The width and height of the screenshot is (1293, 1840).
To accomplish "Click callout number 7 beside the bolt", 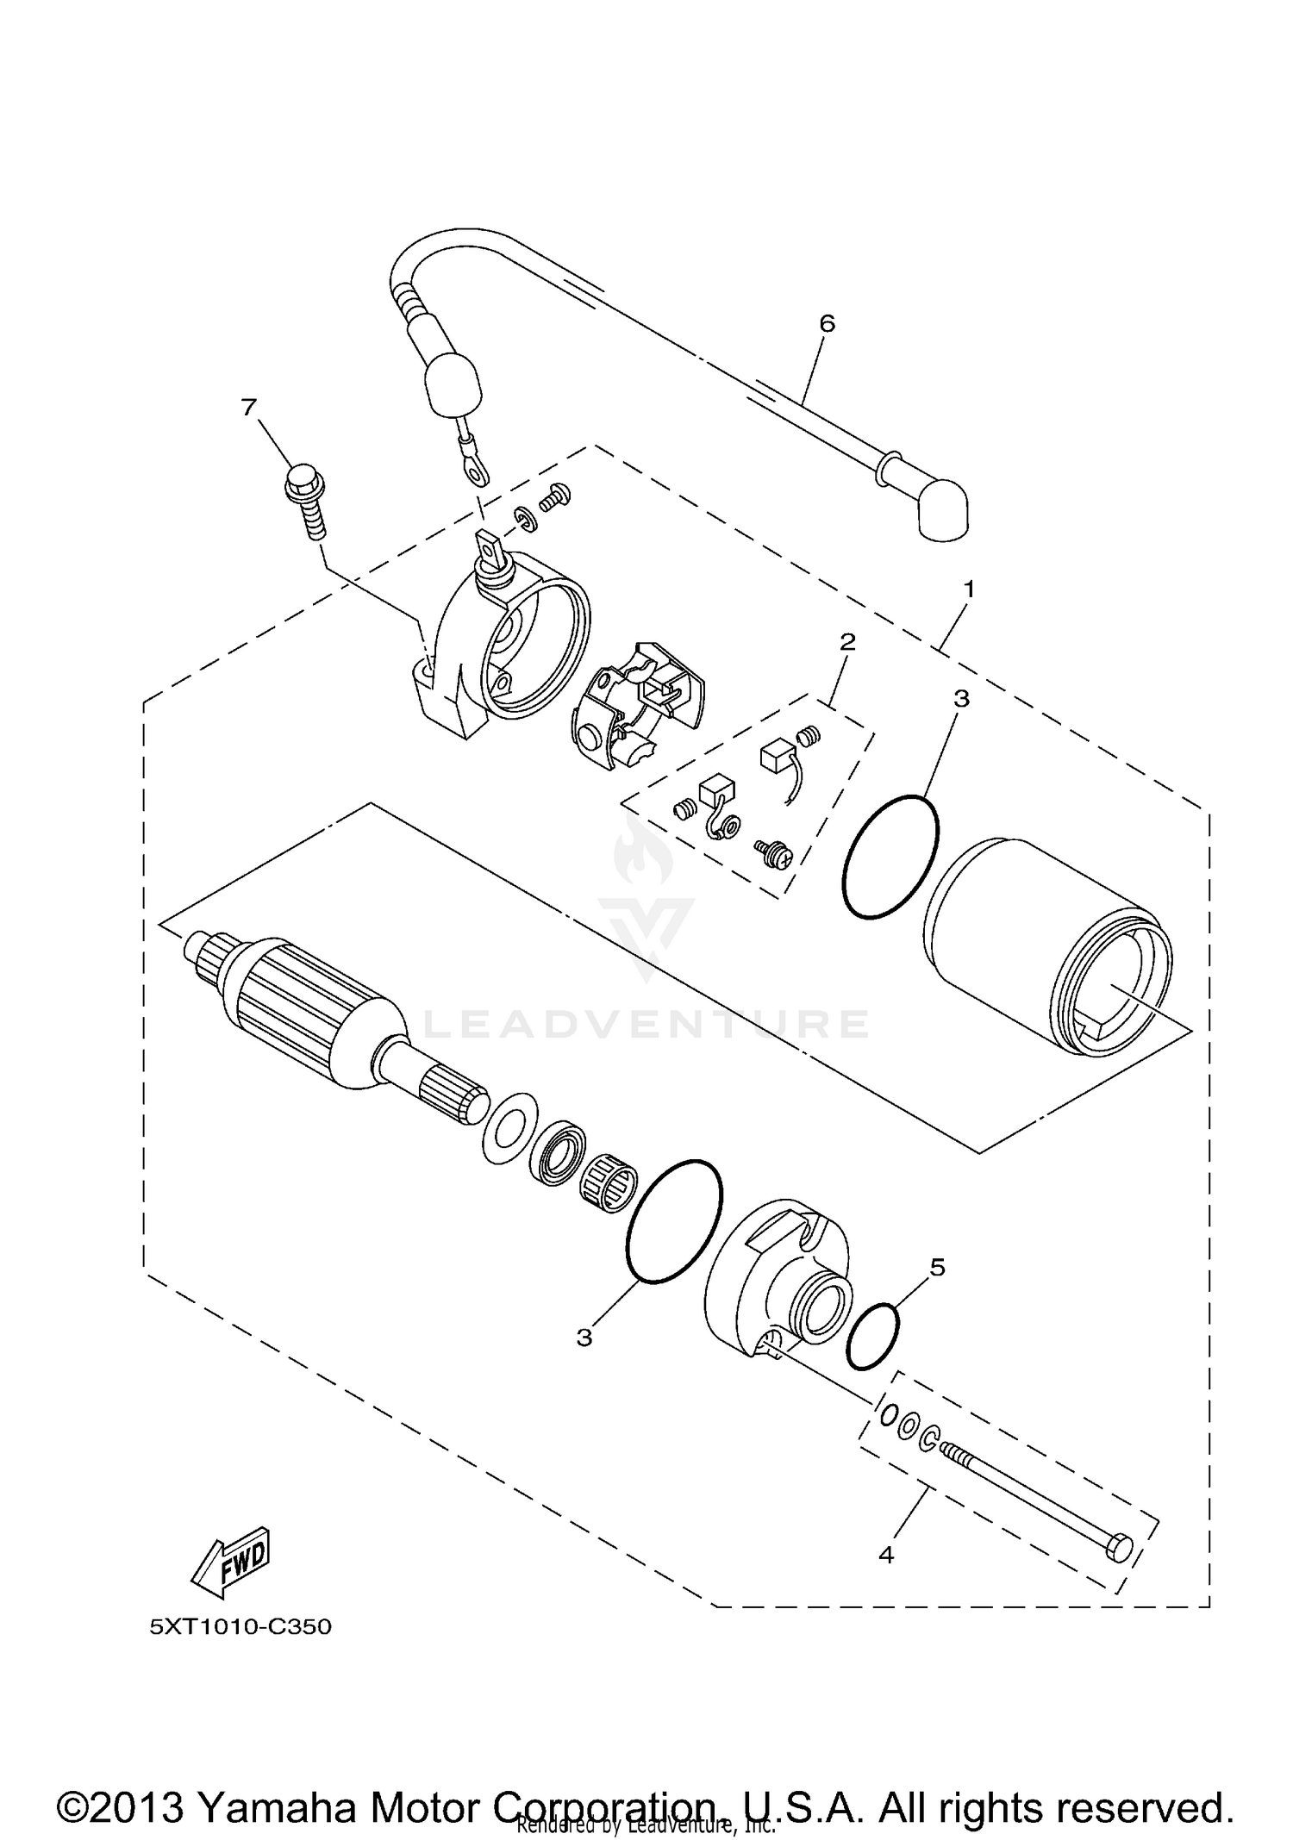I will pyautogui.click(x=249, y=406).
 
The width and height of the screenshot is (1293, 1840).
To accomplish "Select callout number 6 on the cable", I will pyautogui.click(x=827, y=323).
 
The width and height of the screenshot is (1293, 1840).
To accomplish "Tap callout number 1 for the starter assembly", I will pyautogui.click(x=969, y=589).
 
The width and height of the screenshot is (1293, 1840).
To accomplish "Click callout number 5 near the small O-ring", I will pyautogui.click(x=938, y=1266).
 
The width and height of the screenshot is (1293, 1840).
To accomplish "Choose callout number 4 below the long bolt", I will pyautogui.click(x=886, y=1554).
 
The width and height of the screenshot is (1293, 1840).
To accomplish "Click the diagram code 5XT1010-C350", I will pyautogui.click(x=240, y=1626).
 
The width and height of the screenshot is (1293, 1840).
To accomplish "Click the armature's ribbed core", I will pyautogui.click(x=319, y=1008).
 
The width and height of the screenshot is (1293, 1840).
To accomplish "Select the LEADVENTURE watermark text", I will pyautogui.click(x=646, y=1024).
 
